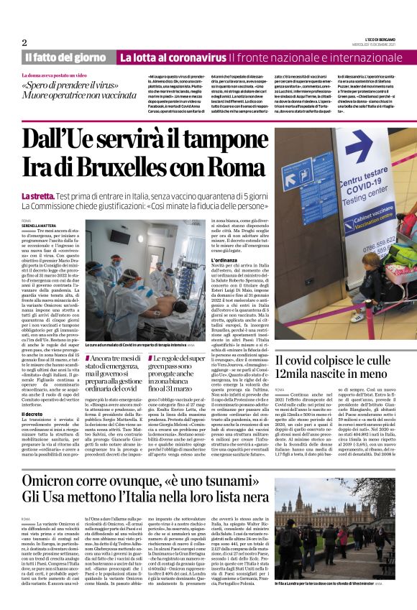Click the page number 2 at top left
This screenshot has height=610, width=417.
click(24, 42)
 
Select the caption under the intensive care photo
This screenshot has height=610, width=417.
click(132, 346)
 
